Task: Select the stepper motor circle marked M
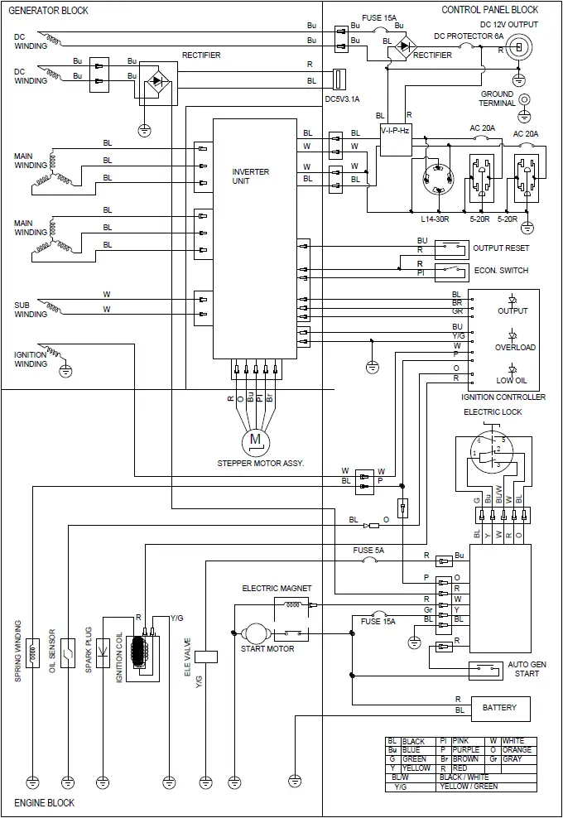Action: click(x=255, y=439)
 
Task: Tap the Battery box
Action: click(x=500, y=708)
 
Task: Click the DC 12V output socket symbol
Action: click(x=519, y=49)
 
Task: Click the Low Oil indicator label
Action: click(x=512, y=380)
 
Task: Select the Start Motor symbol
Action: click(x=253, y=633)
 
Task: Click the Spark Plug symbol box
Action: click(x=103, y=652)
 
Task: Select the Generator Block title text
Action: click(x=48, y=10)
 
